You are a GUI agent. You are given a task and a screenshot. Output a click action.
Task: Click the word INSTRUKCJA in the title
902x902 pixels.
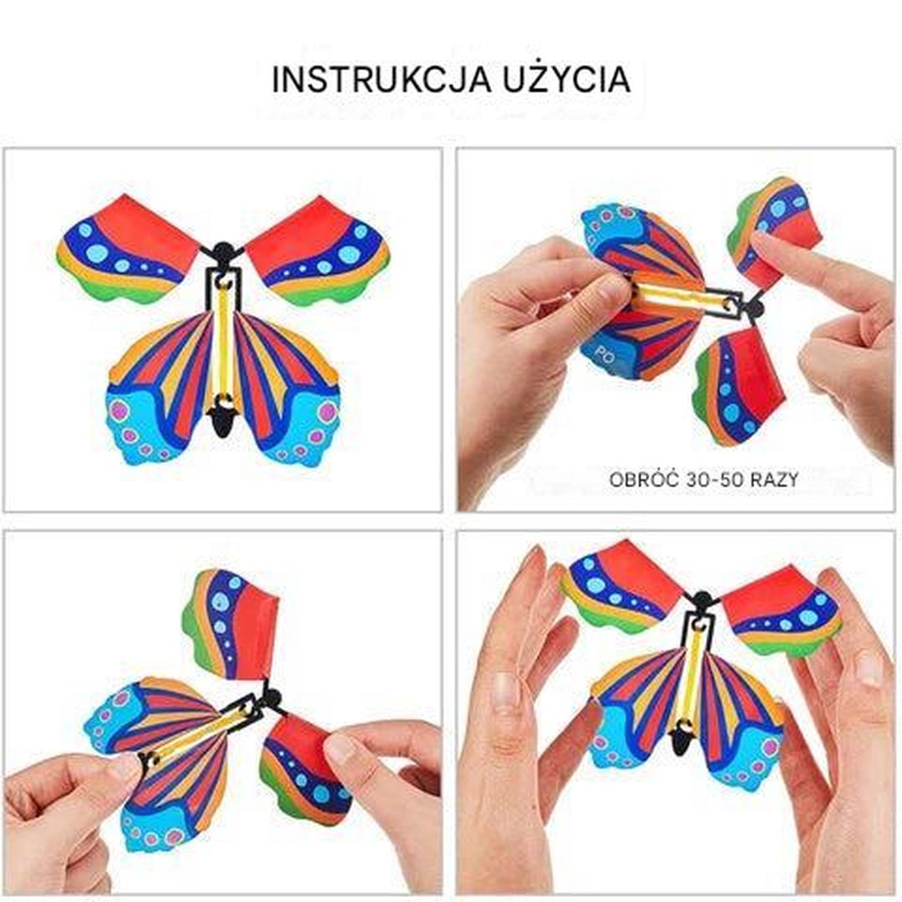pos(382,80)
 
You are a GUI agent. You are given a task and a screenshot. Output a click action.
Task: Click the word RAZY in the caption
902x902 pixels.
pos(775,479)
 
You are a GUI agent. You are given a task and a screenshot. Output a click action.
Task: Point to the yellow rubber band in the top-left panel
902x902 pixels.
pos(223,339)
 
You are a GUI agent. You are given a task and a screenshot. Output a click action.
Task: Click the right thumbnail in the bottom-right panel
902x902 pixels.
pos(869,667)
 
